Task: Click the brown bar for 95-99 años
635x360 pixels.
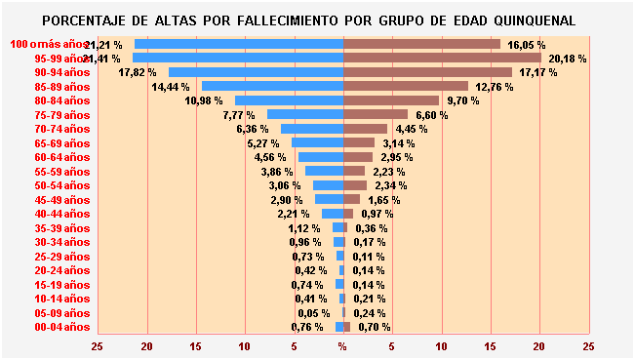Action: coord(442,59)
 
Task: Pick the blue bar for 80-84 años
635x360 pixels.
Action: coord(289,100)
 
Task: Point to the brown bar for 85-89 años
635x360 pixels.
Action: coord(406,87)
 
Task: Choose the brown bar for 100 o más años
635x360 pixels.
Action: coord(421,45)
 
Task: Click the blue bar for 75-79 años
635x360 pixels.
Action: coord(305,115)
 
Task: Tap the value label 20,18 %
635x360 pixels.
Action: coord(568,59)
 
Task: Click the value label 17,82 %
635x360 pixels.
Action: coord(138,72)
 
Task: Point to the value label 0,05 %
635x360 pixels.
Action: coord(313,313)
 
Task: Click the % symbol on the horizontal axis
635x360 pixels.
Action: coord(342,345)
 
